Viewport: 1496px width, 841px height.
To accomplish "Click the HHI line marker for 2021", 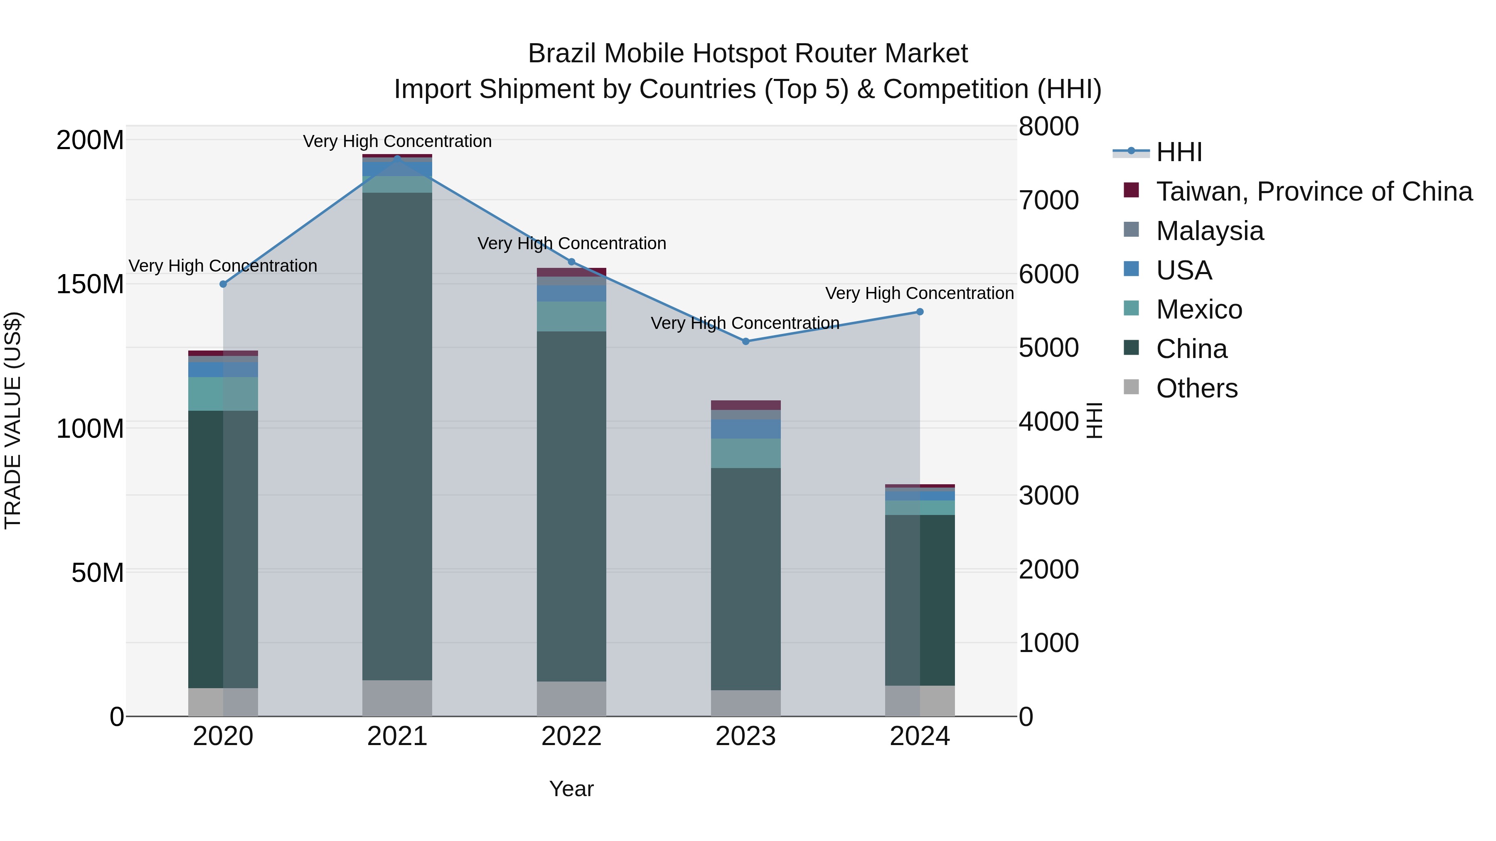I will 397,158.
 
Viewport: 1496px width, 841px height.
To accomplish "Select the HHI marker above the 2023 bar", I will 746,341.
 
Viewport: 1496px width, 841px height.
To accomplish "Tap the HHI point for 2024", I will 920,311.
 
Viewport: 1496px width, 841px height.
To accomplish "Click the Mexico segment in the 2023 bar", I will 746,453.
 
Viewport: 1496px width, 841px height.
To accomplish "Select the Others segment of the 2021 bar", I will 397,698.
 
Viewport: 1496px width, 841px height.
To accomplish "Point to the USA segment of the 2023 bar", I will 746,429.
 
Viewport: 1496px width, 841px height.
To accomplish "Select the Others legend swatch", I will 1131,387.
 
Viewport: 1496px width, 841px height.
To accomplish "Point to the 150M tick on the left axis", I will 90,284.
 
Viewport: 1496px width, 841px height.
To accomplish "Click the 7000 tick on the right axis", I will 1049,200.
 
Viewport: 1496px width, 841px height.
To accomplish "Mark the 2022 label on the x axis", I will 571,736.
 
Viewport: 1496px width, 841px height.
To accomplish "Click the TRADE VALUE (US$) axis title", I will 13,420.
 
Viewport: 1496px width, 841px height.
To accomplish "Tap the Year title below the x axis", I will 571,789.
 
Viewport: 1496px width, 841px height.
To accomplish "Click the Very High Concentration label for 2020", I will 223,266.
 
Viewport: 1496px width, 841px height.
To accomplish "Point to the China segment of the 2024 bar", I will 920,600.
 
